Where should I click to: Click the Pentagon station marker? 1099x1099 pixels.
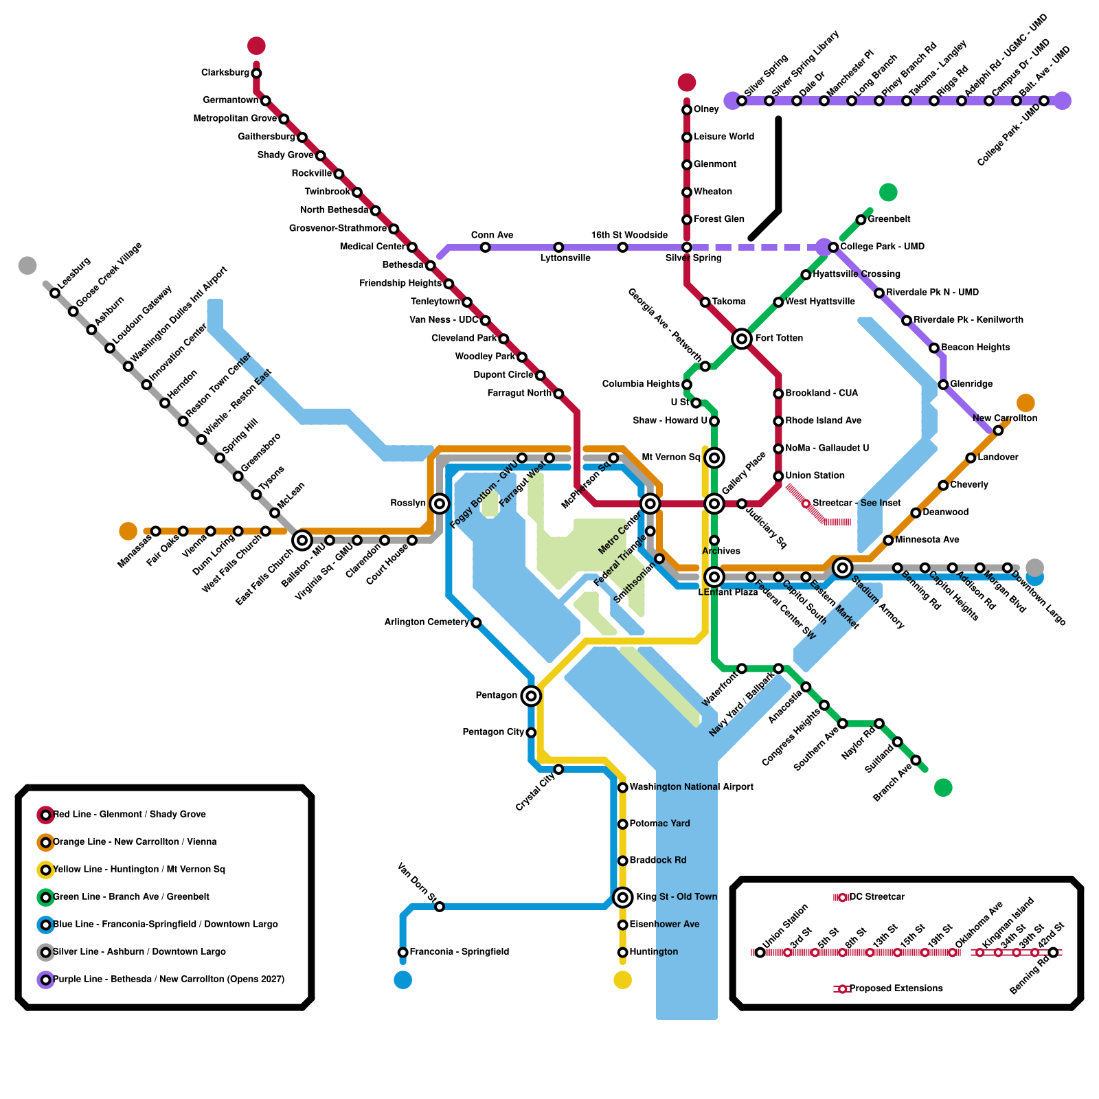531,696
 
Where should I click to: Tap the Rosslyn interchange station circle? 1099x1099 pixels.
440,503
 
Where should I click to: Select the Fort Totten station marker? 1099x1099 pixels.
742,339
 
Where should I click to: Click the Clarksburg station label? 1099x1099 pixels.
225,73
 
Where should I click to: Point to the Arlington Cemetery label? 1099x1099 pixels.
427,622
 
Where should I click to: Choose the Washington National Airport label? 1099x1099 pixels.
691,787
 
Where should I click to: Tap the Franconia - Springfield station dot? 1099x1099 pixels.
403,952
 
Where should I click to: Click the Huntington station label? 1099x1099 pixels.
653,952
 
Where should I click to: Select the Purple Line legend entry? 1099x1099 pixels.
168,979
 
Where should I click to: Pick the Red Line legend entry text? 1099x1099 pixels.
129,815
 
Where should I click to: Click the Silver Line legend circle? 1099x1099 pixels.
46,952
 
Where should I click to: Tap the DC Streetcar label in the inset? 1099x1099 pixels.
877,897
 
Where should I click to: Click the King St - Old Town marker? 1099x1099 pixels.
623,897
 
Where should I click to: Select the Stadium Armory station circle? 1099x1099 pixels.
843,567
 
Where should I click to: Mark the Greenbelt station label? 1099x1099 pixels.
889,219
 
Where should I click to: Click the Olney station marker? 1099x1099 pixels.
687,110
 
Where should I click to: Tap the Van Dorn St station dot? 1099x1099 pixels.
440,907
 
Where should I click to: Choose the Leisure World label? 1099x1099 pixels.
723,137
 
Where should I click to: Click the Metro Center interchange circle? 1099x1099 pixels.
650,503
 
